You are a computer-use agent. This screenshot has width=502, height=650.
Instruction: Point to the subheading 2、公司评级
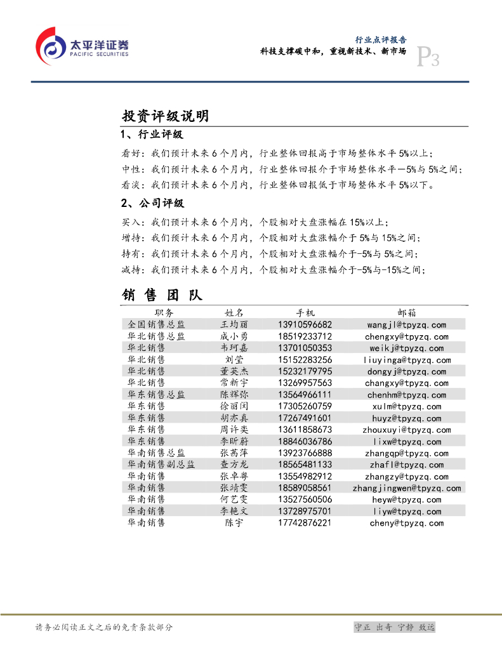[152, 204]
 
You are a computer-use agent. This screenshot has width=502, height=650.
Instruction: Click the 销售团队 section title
[162, 295]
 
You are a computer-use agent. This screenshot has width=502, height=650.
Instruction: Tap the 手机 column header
[305, 313]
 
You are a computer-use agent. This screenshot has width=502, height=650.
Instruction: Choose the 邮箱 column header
[407, 313]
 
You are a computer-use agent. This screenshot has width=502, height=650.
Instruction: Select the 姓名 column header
[234, 313]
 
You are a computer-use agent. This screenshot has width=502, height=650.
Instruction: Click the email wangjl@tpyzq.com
[407, 325]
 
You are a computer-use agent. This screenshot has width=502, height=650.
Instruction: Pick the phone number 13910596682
[305, 325]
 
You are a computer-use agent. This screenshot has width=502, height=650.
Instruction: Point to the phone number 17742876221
[305, 523]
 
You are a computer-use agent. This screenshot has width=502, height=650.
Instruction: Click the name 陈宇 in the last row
[234, 523]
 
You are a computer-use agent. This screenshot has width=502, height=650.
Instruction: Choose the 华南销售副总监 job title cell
[161, 465]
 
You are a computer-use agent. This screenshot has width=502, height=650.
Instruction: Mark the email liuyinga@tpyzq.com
[407, 360]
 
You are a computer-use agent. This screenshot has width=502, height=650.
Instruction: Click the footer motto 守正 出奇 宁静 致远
[394, 627]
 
